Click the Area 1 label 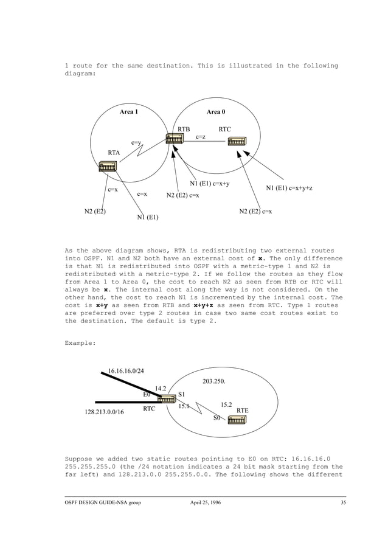tap(128, 112)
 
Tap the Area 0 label tap(216, 112)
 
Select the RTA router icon tap(107, 165)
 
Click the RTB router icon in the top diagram tap(174, 139)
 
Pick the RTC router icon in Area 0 tap(237, 142)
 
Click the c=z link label tap(199, 137)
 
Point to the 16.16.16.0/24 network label tap(126, 370)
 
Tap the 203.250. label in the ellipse tap(213, 381)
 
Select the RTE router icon tap(237, 418)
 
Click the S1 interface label tap(181, 394)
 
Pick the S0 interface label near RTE tap(217, 418)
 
